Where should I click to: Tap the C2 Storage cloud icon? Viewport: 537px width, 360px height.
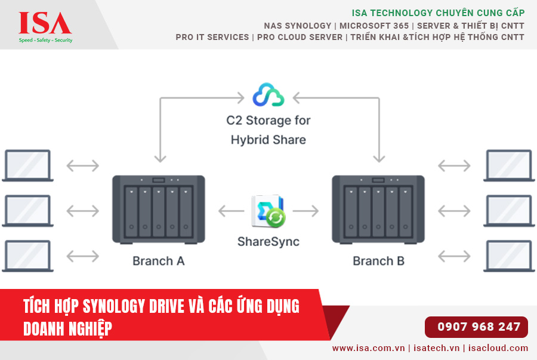pos(268,95)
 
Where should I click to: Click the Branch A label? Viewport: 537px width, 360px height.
pos(158,261)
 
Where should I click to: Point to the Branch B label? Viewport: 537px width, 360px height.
pos(378,261)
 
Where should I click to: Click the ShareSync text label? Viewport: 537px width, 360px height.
pos(268,242)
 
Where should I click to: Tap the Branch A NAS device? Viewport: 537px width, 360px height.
pos(159,209)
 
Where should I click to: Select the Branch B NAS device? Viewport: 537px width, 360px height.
pos(378,209)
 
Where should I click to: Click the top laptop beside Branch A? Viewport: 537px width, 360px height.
pos(28,165)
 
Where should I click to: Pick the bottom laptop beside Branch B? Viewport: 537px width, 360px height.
pos(508,256)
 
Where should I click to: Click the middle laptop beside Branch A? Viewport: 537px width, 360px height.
pos(28,211)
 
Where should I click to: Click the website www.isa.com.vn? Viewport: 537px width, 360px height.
pos(368,348)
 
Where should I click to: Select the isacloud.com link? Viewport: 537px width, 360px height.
pos(498,348)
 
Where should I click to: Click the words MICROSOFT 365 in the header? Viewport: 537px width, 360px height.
pos(374,26)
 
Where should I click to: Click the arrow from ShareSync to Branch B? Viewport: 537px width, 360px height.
pos(305,211)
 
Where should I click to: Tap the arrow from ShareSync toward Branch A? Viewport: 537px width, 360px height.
pos(231,211)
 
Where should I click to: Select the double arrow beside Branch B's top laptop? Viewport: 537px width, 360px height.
pos(455,165)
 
